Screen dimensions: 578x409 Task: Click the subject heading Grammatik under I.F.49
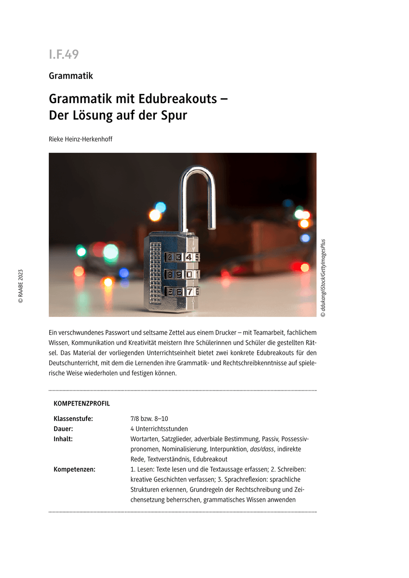pos(71,76)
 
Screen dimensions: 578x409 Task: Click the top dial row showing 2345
pos(182,257)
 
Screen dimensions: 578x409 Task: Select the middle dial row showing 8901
pos(182,275)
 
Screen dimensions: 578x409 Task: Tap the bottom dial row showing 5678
pos(182,291)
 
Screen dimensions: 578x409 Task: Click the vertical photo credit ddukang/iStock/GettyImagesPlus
pos(323,278)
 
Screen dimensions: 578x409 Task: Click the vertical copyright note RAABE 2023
pos(21,286)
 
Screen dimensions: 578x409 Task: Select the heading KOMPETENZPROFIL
pos(82,403)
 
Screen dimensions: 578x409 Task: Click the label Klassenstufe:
pos(73,419)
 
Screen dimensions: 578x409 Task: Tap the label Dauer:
pos(63,429)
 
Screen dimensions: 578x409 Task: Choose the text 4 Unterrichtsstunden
pos(159,429)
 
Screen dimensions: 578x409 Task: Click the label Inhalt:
pos(63,439)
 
